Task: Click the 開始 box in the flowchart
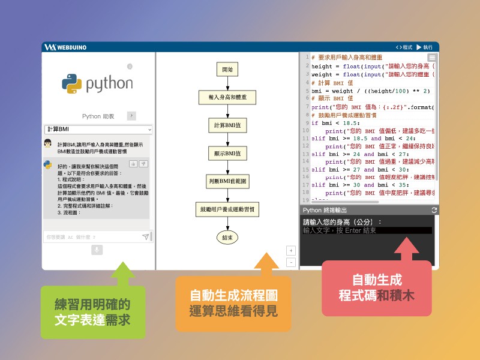point(227,70)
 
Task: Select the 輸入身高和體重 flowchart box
point(227,97)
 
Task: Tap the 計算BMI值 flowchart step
point(227,125)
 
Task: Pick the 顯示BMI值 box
point(227,153)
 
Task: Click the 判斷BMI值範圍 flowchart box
point(227,181)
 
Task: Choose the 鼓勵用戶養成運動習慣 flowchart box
point(227,209)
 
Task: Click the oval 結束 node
point(227,238)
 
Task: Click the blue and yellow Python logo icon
point(71,84)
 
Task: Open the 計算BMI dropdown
point(98,130)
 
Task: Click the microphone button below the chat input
point(97,250)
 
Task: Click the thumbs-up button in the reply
point(133,164)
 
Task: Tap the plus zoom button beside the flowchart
point(291,250)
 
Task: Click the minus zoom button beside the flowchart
point(291,262)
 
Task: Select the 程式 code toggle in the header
point(404,47)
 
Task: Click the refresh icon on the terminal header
point(434,210)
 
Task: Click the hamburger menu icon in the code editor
point(432,58)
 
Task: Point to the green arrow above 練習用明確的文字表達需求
point(123,273)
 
